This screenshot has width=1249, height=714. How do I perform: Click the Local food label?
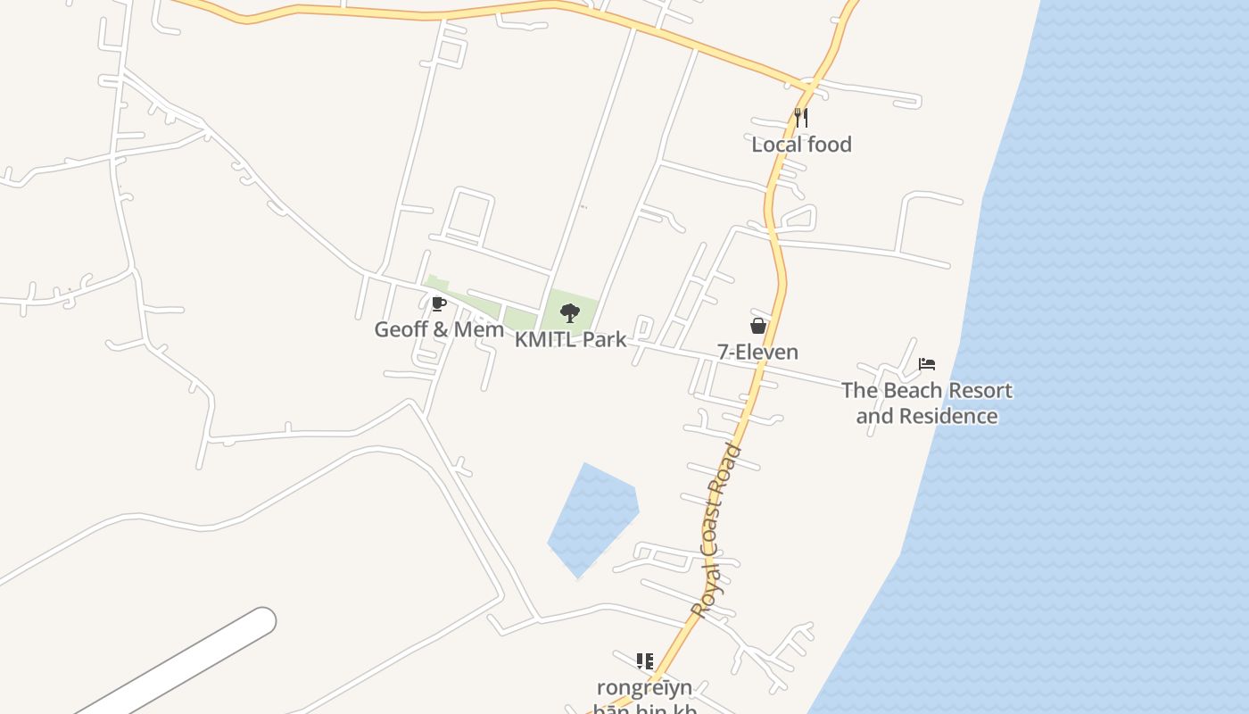(x=801, y=145)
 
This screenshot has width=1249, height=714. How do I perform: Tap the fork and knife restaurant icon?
(x=801, y=117)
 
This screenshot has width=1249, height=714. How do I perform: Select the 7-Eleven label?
(x=757, y=352)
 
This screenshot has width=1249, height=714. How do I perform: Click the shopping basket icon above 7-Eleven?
(x=757, y=326)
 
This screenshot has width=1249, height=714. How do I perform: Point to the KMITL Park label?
(x=570, y=340)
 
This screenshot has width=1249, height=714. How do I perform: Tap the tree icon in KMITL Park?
(x=569, y=313)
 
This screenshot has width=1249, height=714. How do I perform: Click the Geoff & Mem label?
(x=439, y=329)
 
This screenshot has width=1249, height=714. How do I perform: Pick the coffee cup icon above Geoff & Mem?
(x=438, y=303)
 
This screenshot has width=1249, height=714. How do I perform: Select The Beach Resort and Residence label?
(x=926, y=403)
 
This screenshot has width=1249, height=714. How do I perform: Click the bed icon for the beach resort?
(x=927, y=364)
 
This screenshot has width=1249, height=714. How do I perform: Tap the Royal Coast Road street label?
(x=716, y=530)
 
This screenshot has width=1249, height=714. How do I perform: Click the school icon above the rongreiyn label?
(x=644, y=661)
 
